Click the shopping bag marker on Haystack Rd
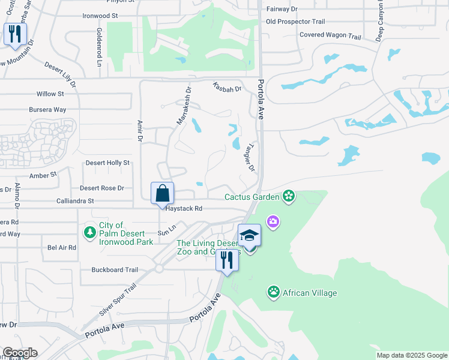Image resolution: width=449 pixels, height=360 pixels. coord(162,194)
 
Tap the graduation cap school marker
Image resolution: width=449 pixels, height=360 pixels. coord(249,236)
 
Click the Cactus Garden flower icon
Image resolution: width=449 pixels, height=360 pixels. coord(289,196)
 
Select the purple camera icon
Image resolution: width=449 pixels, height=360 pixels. coord(273,223)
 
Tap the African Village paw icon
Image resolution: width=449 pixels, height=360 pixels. coord(274,292)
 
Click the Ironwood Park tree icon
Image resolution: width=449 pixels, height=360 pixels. coord(89,232)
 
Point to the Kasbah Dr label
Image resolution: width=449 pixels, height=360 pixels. coord(226,88)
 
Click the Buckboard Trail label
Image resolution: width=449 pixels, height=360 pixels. coord(115,270)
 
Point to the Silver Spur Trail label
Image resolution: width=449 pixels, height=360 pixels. coord(118,301)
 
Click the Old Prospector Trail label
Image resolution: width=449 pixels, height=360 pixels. coord(295,22)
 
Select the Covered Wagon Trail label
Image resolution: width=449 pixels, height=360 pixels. coord(330,36)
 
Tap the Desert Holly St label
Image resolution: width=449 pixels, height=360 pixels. coord(107,163)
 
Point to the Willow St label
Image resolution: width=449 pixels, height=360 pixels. coord(50,94)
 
